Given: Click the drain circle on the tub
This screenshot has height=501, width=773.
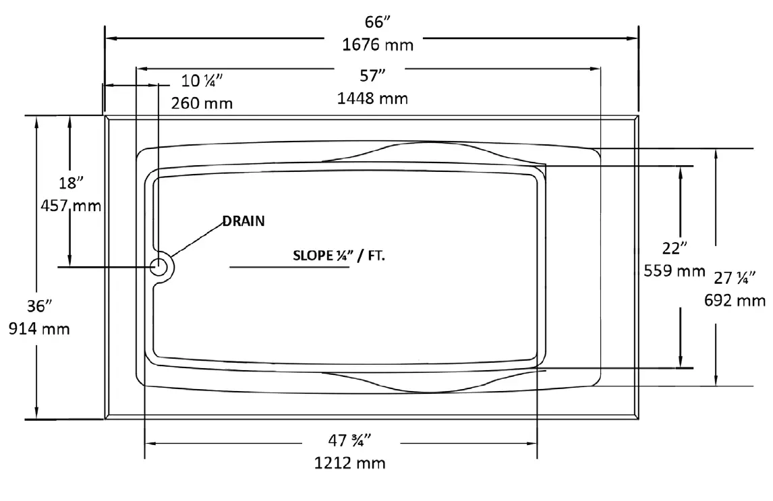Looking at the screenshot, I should coord(161,266).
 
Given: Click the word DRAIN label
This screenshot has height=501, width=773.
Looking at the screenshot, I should coord(244,221).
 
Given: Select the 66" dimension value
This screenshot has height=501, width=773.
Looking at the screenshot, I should coord(378,22).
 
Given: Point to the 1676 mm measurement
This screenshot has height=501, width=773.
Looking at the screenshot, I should coord(378,45).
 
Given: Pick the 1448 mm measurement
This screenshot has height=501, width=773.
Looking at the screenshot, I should coord(372,98).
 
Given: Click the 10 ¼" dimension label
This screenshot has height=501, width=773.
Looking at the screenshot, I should coord(202,81).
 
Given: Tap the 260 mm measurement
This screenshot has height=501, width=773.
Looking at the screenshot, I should coord(202,103).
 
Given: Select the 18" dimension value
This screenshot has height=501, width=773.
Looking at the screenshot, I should coord(70,183).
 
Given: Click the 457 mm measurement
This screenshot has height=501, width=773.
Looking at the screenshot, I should coord(70,206).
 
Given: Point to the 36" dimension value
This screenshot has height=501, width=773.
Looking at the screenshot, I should coord(39,306).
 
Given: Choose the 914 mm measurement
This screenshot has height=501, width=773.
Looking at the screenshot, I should coord(39,329).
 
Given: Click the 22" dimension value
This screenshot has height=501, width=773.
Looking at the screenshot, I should coord(674,247).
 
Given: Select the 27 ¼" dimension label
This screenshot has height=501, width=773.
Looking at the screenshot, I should coord(735,276).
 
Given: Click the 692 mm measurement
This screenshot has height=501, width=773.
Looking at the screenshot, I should coord(735,299).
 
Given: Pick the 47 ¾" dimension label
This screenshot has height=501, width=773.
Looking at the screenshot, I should coord(350,440).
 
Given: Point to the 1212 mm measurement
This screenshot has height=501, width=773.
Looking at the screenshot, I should coord(350,463).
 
